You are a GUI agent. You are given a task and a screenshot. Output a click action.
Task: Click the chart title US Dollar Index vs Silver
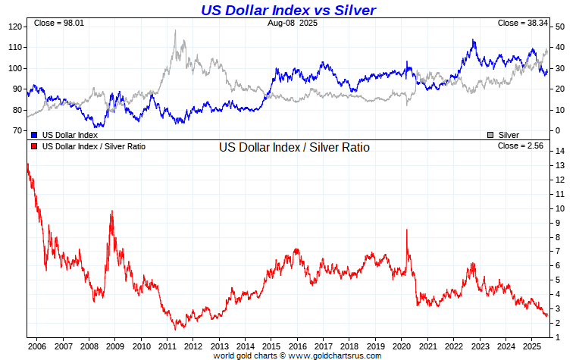click(x=288, y=10)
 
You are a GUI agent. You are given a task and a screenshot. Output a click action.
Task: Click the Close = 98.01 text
click(x=58, y=23)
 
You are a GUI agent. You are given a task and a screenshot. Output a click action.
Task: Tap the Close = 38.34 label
click(x=522, y=23)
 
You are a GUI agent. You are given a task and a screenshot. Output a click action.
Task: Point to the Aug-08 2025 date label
click(x=292, y=23)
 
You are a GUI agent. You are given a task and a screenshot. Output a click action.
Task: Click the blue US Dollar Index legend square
click(x=35, y=134)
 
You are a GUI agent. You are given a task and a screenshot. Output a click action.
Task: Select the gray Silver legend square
click(x=490, y=134)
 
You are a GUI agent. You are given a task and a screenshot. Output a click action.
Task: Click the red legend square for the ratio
click(x=35, y=146)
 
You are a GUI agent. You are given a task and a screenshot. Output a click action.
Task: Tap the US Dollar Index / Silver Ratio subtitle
click(x=294, y=148)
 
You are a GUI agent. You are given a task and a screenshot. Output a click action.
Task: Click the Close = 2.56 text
click(x=522, y=146)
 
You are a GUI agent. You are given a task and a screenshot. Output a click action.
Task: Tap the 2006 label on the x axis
click(x=37, y=346)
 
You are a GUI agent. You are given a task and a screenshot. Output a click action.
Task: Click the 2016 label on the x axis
click(x=297, y=346)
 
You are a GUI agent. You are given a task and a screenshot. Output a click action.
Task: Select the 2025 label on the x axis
click(x=531, y=346)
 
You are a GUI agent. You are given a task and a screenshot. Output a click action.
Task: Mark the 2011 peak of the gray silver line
click(x=175, y=31)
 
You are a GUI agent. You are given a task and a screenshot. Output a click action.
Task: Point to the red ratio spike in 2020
click(x=407, y=230)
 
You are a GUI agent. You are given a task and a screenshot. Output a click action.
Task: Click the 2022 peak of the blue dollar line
click(x=474, y=40)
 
